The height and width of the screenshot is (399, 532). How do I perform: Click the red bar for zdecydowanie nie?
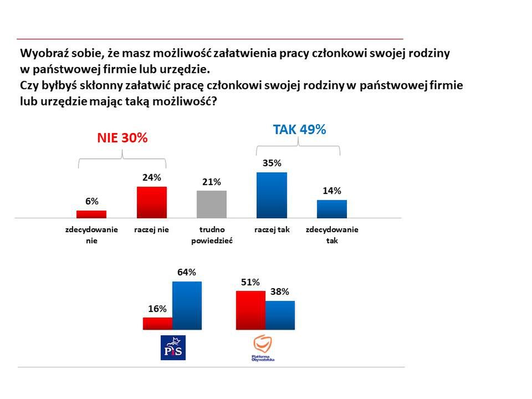tap(91, 214)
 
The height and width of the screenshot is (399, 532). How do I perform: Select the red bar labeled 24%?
tap(151, 202)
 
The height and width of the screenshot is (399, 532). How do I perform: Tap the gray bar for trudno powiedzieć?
tap(212, 204)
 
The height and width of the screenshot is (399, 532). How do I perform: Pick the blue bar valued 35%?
tap(272, 195)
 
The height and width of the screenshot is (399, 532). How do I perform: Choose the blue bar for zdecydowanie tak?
tap(331, 209)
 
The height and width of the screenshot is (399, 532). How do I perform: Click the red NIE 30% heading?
tap(122, 139)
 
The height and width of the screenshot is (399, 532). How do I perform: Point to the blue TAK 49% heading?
tap(299, 130)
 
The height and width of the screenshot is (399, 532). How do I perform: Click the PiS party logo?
tap(172, 347)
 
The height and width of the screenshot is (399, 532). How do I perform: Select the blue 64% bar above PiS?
tap(187, 305)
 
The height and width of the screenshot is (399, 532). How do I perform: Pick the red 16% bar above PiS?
tap(157, 323)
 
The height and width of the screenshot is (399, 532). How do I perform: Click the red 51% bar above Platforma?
tap(250, 310)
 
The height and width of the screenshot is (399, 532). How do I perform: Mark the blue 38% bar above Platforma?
tap(280, 315)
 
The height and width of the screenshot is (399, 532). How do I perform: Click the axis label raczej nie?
tap(151, 229)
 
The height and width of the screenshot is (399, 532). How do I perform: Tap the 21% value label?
tap(212, 182)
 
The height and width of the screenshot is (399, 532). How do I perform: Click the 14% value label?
tap(331, 191)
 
